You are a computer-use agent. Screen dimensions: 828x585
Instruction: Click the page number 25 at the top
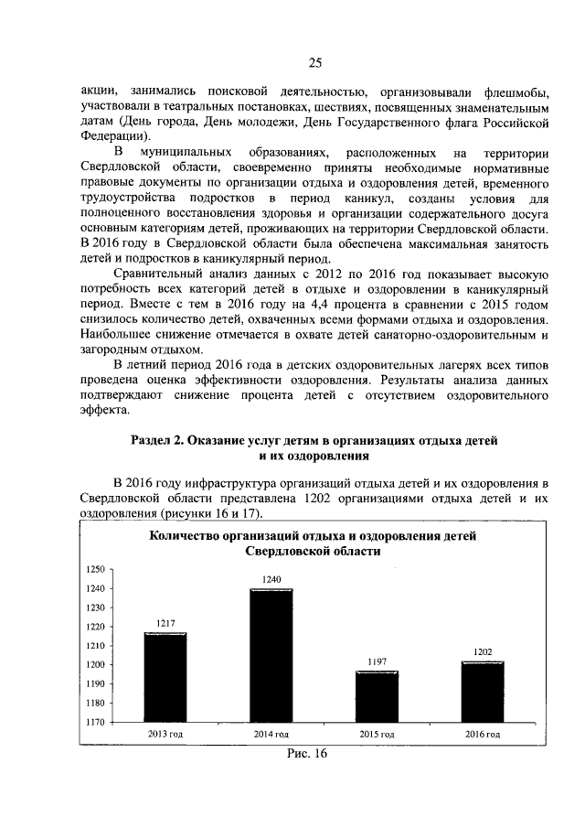click(x=314, y=62)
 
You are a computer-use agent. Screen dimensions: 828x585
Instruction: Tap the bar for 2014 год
click(x=271, y=655)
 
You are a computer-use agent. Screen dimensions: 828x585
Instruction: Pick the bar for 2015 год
click(x=377, y=696)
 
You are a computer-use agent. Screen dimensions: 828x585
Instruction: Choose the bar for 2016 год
click(x=483, y=692)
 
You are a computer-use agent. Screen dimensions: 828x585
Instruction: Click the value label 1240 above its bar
click(x=271, y=580)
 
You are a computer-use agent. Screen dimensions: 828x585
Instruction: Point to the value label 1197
click(x=377, y=661)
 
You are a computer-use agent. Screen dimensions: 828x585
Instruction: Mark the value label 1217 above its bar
click(x=165, y=623)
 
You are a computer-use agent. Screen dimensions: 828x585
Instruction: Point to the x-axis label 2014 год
click(x=271, y=735)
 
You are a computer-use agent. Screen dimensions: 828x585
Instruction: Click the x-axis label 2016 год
click(x=483, y=735)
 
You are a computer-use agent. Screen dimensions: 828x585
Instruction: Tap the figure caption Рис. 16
click(x=306, y=754)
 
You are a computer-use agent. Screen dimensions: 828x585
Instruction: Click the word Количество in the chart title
click(x=188, y=537)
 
